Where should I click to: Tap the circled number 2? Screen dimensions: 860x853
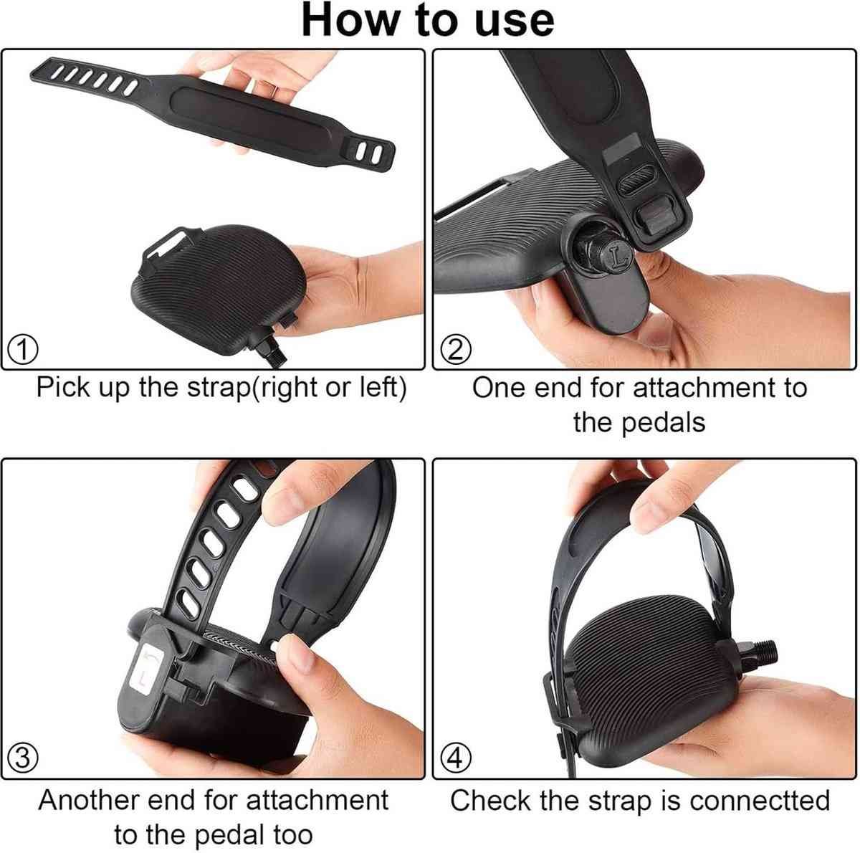[x=456, y=351]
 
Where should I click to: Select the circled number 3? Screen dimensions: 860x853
[x=23, y=758]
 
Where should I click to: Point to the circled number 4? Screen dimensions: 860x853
[x=456, y=758]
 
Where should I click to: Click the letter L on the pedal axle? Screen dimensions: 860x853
[x=618, y=258]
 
